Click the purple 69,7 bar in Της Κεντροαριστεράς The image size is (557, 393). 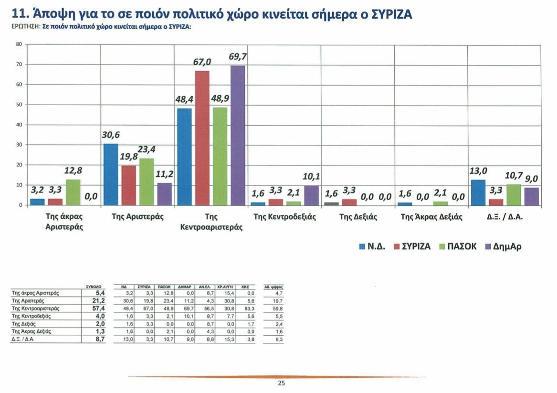point(237,136)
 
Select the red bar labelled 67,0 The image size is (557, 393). point(202,138)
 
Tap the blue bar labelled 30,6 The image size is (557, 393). point(110,174)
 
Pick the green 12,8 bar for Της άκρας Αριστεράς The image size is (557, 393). point(73,192)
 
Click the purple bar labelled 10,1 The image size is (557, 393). point(311,195)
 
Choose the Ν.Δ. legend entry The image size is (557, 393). point(372,246)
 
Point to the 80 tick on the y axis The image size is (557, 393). point(19,44)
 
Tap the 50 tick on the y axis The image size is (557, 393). point(19,105)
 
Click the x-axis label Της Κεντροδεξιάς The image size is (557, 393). point(284,217)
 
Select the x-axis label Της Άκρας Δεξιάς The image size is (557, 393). point(431,217)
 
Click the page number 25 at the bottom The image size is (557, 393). point(281,383)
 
